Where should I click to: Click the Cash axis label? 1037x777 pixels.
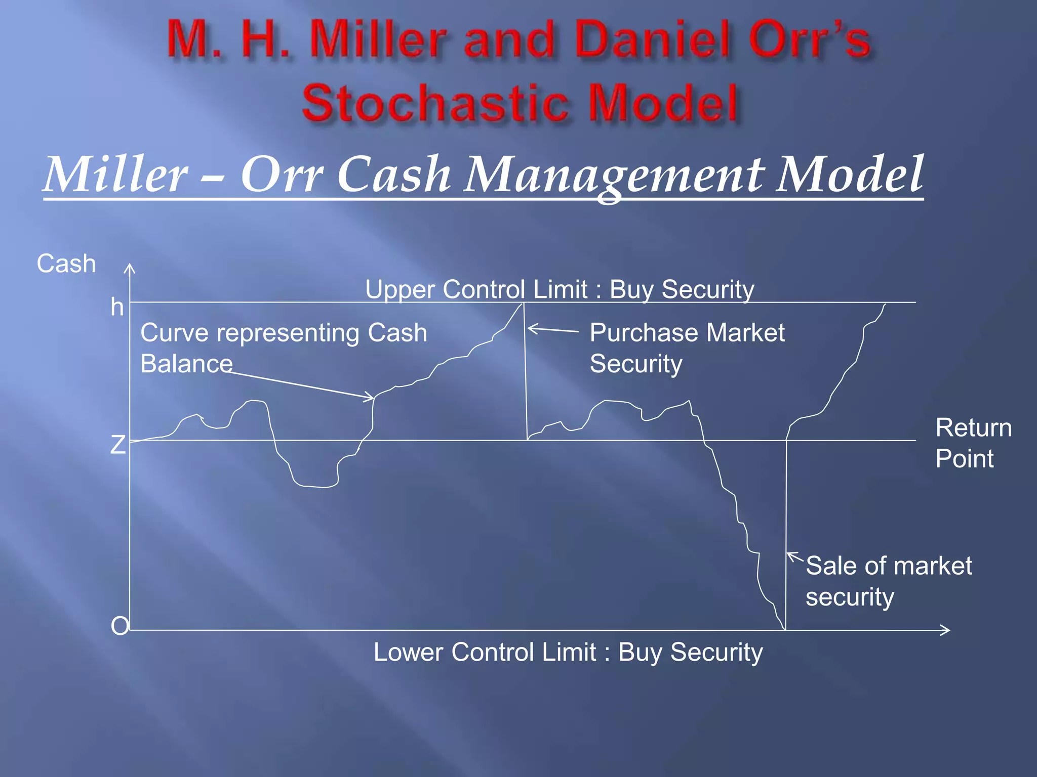(x=66, y=264)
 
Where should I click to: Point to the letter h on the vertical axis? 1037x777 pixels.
(x=117, y=307)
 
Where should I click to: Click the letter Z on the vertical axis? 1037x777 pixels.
(x=117, y=445)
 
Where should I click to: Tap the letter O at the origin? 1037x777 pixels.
(x=119, y=626)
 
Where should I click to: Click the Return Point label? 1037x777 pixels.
(x=973, y=443)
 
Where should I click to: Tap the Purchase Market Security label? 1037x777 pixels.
(x=687, y=348)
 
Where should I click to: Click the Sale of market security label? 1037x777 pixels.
(x=888, y=581)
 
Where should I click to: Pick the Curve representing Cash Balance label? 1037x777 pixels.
(x=284, y=348)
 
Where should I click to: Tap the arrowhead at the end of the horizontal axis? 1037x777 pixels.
(x=947, y=630)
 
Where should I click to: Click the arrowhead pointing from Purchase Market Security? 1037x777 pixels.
(x=530, y=329)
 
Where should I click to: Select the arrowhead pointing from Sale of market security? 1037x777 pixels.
(x=789, y=554)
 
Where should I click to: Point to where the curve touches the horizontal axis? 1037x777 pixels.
(x=784, y=629)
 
